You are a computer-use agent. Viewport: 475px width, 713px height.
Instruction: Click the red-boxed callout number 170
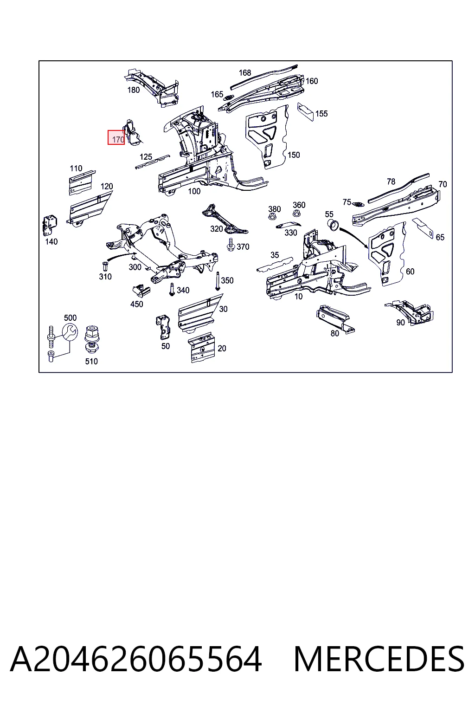pos(118,139)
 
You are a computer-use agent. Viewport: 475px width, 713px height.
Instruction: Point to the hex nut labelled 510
pos(92,339)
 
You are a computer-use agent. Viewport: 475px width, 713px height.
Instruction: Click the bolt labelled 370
pos(231,244)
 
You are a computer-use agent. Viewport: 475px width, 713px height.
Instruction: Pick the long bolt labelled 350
pos(218,281)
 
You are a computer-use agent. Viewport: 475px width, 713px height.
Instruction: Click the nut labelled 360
pos(296,213)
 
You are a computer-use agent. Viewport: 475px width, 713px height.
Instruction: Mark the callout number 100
pos(194,191)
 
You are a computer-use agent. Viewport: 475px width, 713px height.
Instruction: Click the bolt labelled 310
pos(105,266)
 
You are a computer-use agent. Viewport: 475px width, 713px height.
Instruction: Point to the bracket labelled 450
pos(141,291)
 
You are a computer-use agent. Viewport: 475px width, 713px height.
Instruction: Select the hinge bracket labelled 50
pos(164,327)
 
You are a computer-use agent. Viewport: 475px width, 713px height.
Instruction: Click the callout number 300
pos(135,267)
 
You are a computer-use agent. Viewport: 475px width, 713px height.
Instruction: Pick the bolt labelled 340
pos(172,289)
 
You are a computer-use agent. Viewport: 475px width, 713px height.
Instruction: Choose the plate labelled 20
pos(202,348)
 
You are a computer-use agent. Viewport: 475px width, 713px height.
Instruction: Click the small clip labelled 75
pos(359,204)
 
